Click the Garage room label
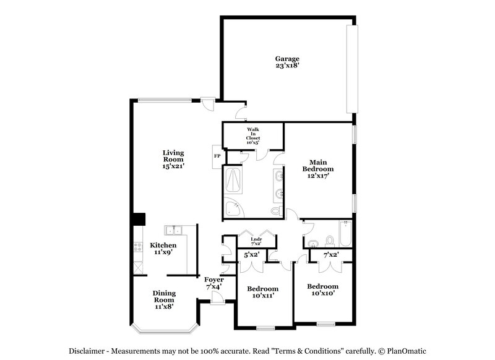point(288,62)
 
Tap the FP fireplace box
point(217,156)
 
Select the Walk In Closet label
point(254,135)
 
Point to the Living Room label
point(174,159)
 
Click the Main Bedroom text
point(317,169)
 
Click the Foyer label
point(214,283)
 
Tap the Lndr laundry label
point(256,242)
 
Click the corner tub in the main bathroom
point(234,208)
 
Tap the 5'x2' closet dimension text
point(251,255)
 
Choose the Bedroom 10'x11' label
point(262,292)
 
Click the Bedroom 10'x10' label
point(323,289)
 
